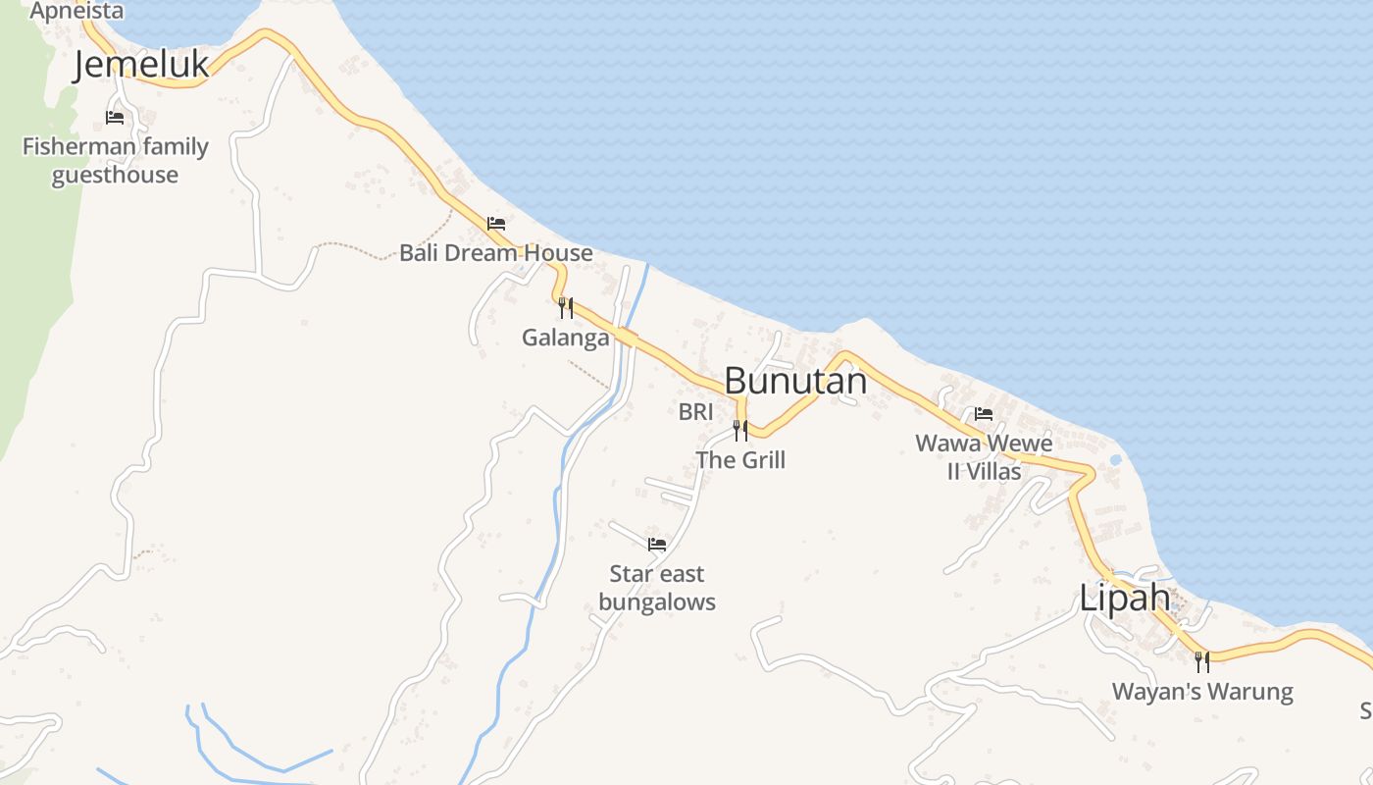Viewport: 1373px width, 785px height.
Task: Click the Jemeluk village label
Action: click(142, 65)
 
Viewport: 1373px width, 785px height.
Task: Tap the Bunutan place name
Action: click(795, 381)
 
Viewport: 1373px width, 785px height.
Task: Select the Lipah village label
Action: click(1125, 598)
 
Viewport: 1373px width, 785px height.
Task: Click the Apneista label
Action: click(76, 11)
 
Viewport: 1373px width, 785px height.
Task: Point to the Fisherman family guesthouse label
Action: click(116, 161)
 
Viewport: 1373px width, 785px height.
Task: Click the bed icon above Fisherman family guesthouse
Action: click(115, 118)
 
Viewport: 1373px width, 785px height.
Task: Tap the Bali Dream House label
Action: click(495, 253)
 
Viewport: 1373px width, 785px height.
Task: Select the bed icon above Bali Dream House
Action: click(496, 224)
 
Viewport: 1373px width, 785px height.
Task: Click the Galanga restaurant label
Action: click(565, 338)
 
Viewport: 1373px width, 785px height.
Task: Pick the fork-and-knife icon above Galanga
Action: click(566, 308)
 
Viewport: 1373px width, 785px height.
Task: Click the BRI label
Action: click(695, 412)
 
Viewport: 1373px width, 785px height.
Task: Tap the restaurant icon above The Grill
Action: click(740, 430)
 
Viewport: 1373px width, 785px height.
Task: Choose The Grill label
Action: click(740, 459)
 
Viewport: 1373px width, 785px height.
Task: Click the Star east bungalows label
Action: click(657, 588)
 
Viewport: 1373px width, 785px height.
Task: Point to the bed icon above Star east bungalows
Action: click(657, 544)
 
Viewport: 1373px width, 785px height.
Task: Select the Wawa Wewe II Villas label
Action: click(984, 457)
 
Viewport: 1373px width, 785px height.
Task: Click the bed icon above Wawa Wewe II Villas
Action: click(984, 414)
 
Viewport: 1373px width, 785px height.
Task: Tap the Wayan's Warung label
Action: click(1202, 692)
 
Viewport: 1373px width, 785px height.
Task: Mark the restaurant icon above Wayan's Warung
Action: click(1201, 662)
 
